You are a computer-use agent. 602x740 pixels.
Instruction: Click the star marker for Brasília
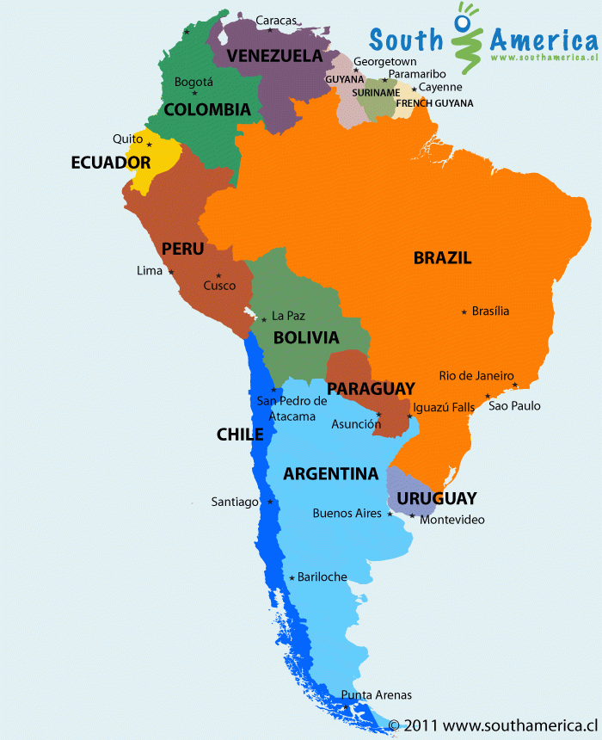point(464,311)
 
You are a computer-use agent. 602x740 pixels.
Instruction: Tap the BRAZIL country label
point(442,257)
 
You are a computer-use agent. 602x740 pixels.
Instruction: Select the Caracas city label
point(276,20)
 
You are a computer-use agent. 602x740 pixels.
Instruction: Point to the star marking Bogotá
point(195,93)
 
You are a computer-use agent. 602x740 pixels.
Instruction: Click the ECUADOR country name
point(111,163)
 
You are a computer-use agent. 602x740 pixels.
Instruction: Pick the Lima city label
point(149,271)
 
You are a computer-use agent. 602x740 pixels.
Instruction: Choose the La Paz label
point(288,316)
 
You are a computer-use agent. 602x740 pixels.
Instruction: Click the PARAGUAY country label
point(371,389)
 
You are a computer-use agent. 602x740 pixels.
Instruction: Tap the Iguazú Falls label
point(444,407)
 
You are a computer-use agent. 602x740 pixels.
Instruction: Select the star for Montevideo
point(412,516)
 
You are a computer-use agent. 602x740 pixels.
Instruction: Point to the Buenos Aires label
point(347,514)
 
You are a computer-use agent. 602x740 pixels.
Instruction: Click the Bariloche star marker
point(292,577)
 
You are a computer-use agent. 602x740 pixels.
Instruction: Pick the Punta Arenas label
point(376,694)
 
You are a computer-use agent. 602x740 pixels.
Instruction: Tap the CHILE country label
point(240,435)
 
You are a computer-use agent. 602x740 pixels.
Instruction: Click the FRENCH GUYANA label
point(434,103)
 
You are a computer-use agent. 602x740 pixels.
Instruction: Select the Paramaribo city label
point(416,74)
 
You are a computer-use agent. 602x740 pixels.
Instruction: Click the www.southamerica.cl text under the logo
point(544,58)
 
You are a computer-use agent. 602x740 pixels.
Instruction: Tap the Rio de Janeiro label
point(476,375)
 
